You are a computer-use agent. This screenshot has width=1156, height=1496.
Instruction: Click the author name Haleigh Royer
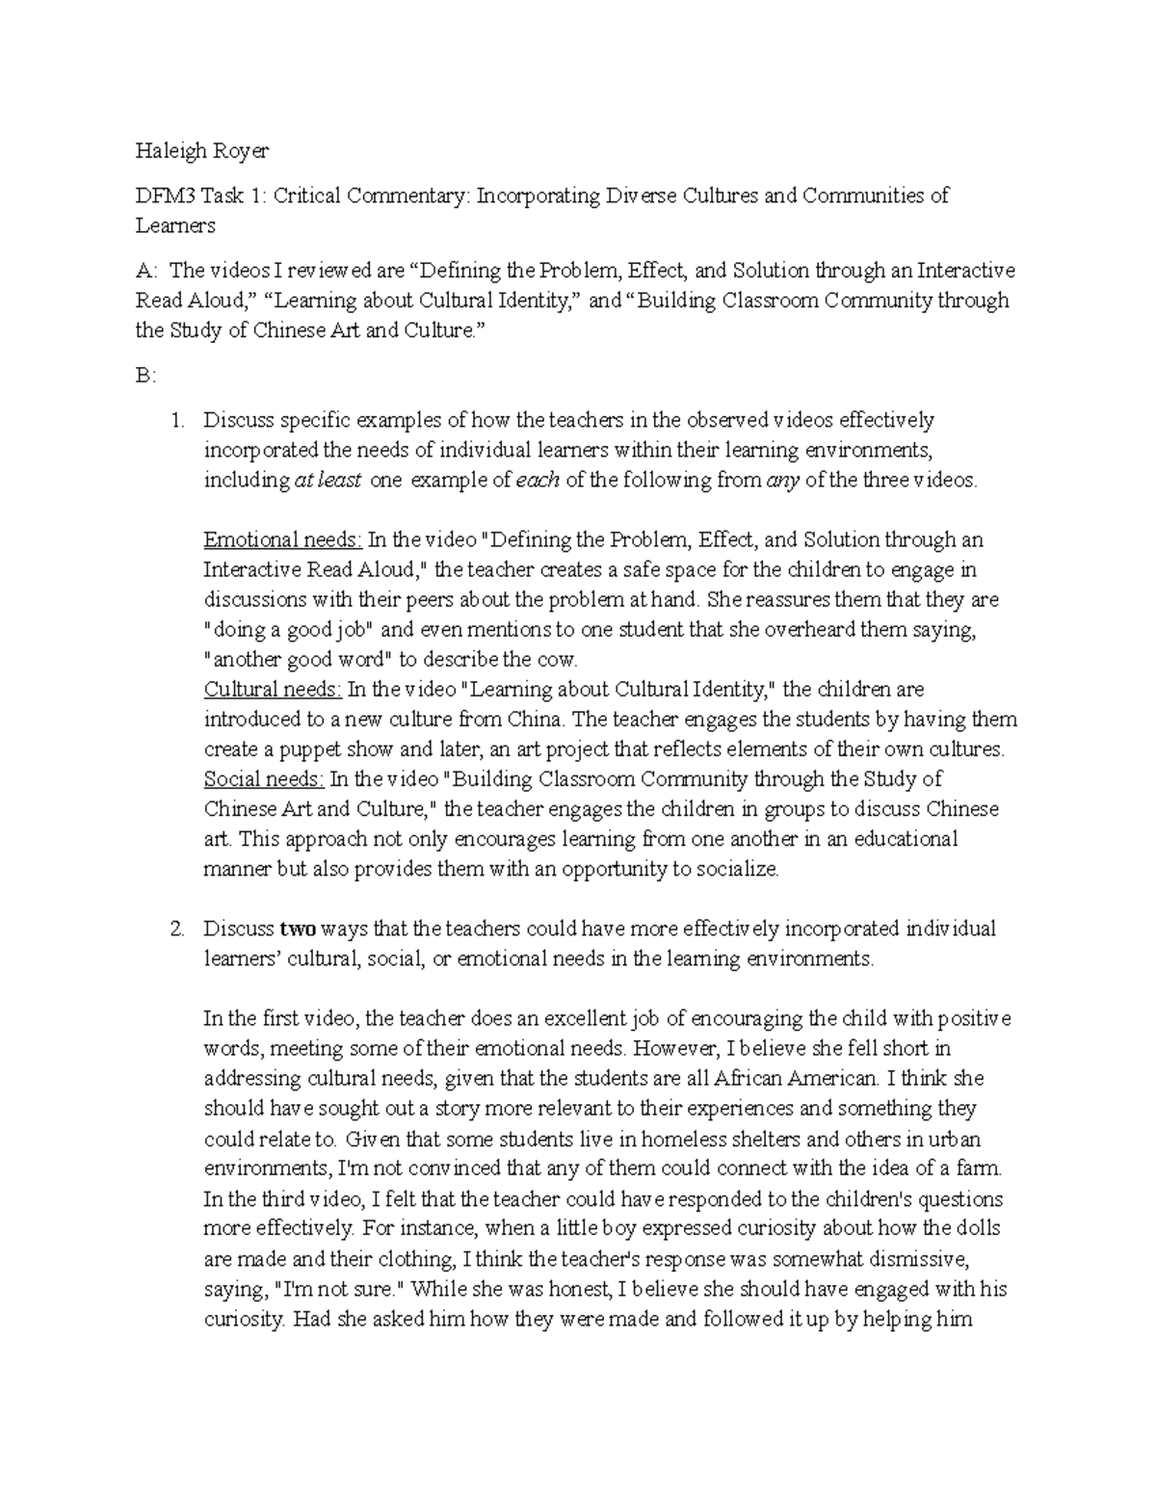pos(201,150)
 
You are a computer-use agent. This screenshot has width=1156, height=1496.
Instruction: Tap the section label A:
pos(144,271)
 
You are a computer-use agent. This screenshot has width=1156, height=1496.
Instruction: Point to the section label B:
pos(144,376)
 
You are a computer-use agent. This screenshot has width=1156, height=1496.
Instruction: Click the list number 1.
pos(175,420)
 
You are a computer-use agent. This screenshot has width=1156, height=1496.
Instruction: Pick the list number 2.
pos(175,930)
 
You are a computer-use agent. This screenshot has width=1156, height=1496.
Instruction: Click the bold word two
pos(297,930)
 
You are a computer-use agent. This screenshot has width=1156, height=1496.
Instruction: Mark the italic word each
pos(539,480)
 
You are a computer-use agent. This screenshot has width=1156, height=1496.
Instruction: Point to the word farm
pos(982,1169)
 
